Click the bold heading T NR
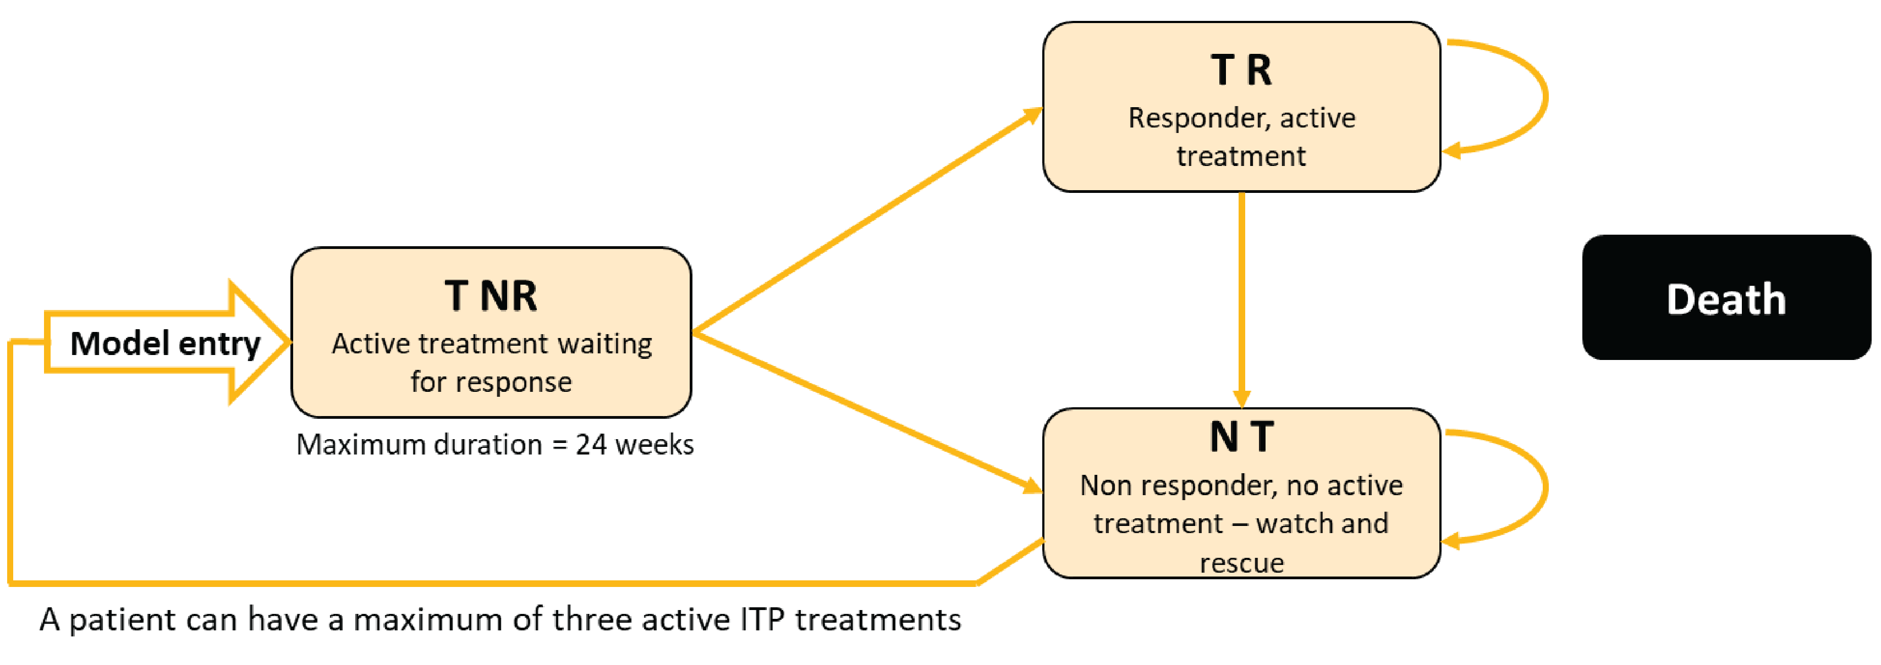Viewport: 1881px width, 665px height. click(x=491, y=296)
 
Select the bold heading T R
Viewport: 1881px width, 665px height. click(x=1241, y=70)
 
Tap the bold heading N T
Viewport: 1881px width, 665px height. click(x=1241, y=436)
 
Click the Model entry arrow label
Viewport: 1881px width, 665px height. click(x=165, y=343)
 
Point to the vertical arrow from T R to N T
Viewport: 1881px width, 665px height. click(x=1241, y=292)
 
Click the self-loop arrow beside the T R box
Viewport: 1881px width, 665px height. click(x=1544, y=95)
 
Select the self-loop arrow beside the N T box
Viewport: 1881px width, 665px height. click(x=1544, y=485)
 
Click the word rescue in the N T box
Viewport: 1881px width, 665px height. click(x=1241, y=563)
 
